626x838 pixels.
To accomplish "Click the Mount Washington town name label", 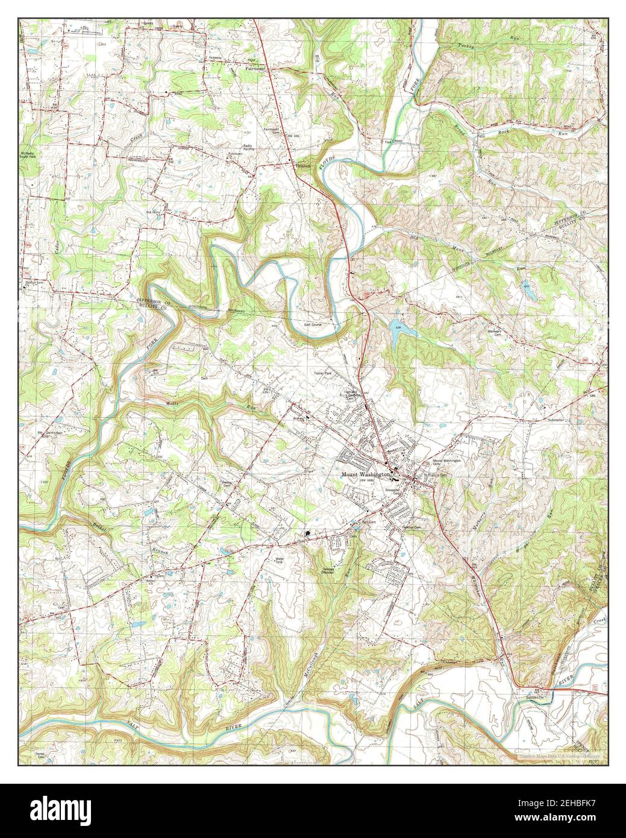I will click(365, 474).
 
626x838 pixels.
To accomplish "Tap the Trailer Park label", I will click(323, 374).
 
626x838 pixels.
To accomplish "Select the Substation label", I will click(559, 419).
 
